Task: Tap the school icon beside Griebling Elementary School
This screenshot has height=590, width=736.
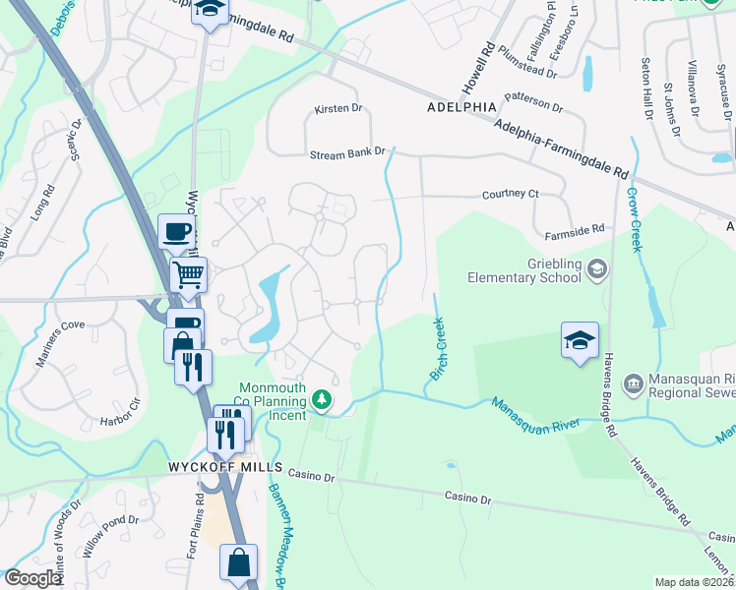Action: [x=596, y=268]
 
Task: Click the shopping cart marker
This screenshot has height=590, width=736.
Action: [x=187, y=274]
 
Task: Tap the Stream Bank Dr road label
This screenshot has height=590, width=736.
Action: [x=346, y=154]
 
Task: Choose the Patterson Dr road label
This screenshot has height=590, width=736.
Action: [x=532, y=100]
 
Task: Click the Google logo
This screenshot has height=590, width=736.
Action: [x=32, y=578]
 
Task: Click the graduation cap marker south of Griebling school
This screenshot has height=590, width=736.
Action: [x=580, y=341]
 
